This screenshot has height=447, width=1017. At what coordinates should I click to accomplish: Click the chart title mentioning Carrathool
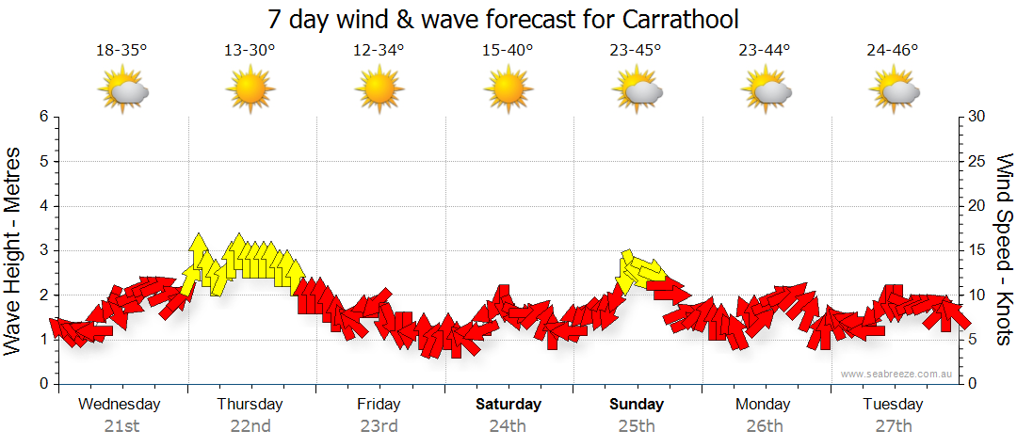pos(503,19)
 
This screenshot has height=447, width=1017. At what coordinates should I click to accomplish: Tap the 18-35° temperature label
pos(121,51)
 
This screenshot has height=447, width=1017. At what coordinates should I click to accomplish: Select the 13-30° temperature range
pos(250,51)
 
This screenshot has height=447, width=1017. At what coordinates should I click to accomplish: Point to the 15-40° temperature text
pos(508,51)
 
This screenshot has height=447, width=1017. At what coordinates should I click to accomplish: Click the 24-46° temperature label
pos(893,51)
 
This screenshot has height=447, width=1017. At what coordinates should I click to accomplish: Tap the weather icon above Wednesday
pos(123,91)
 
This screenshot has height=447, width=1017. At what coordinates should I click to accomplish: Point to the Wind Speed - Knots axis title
pos(1004,249)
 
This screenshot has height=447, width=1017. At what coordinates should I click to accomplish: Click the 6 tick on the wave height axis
pos(43,117)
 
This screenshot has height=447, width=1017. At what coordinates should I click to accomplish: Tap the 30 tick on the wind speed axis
pos(977,117)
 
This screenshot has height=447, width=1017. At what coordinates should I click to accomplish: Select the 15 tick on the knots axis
pos(977,250)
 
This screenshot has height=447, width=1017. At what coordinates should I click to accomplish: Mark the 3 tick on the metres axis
pos(43,250)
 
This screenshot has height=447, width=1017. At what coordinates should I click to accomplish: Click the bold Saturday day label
pos(508,405)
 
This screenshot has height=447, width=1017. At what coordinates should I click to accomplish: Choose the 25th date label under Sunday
pos(637,426)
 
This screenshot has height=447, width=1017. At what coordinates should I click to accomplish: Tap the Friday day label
pos(379,405)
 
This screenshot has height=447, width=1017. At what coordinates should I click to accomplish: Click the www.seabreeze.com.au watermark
pos(896,374)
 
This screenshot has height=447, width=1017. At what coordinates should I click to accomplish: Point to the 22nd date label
pos(250,426)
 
